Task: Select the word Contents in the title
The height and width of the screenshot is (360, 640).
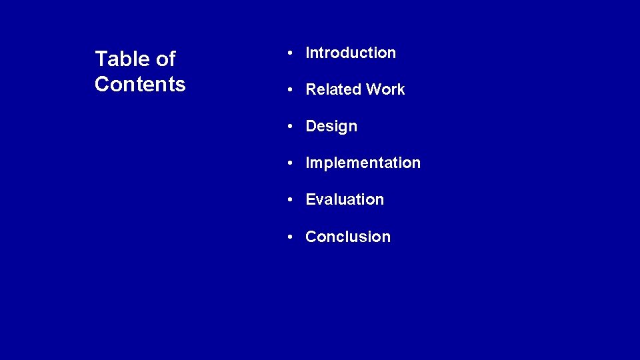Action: [x=140, y=84]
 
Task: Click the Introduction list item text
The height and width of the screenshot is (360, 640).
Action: [x=351, y=53]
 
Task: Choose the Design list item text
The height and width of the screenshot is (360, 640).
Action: [x=331, y=127]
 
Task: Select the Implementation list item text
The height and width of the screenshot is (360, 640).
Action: [x=363, y=163]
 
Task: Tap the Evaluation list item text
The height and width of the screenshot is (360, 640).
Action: [x=345, y=199]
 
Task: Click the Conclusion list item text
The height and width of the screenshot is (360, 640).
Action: [x=348, y=237]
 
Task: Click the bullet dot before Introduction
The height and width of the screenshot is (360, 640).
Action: [x=291, y=53]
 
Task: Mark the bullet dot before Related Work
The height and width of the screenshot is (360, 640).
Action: [x=291, y=90]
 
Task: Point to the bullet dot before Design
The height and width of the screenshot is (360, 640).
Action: [x=291, y=127]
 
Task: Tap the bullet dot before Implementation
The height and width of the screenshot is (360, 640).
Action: [x=291, y=163]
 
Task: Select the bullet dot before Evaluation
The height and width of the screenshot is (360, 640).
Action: [x=291, y=200]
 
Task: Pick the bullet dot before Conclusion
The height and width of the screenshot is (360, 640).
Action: [x=291, y=237]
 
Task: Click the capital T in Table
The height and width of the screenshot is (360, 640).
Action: [x=101, y=59]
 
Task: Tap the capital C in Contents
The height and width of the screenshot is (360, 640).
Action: [x=102, y=84]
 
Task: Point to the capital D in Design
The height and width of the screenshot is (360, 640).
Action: [x=311, y=126]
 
